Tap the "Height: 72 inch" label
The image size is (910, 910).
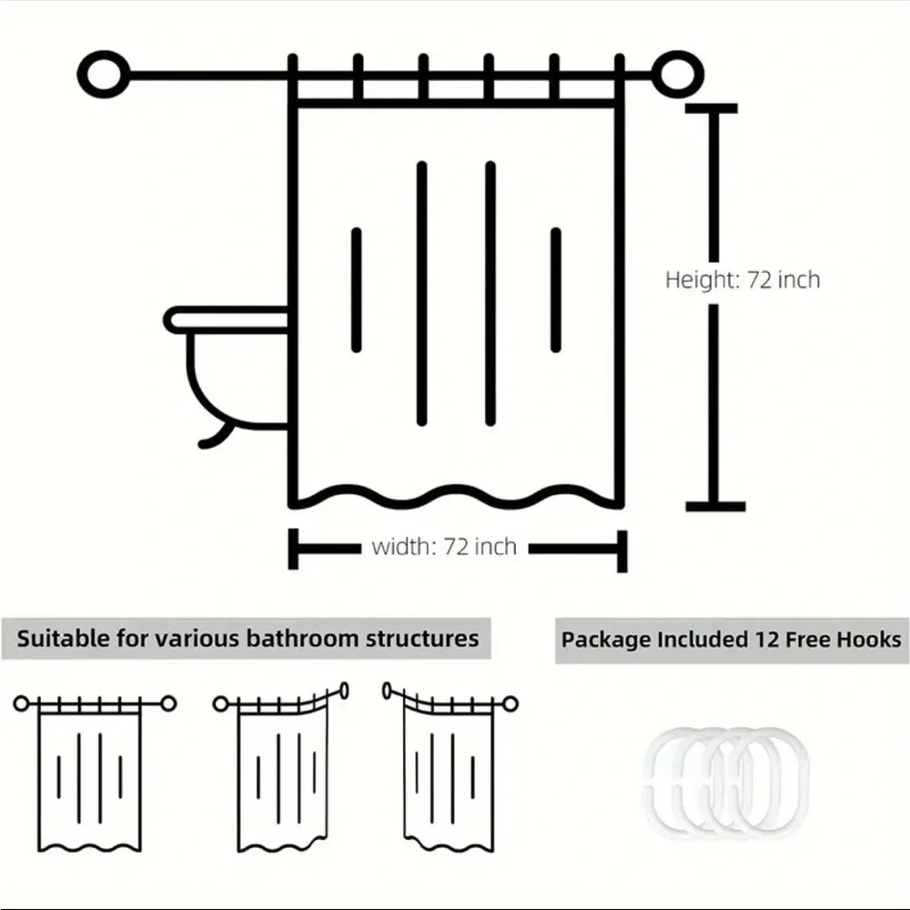743,279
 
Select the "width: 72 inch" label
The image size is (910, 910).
444,547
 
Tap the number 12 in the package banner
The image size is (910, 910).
766,640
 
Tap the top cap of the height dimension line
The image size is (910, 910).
712,108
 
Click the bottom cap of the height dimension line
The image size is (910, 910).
715,507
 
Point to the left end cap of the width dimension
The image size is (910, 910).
293,549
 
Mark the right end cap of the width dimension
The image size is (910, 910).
622,551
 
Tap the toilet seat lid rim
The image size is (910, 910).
227,319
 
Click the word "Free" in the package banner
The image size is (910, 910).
807,640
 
